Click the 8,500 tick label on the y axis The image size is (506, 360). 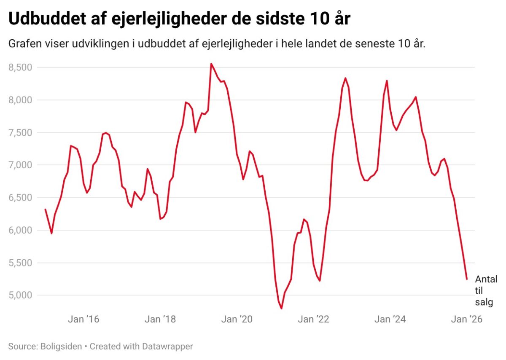[x=21, y=67]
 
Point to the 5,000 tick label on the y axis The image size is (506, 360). [x=21, y=295]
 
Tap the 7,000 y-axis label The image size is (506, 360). [x=21, y=165]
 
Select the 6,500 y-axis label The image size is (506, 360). [x=21, y=197]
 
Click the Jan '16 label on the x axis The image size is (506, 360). [x=83, y=319]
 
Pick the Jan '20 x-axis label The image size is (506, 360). [x=237, y=319]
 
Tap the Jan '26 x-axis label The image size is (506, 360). [x=466, y=319]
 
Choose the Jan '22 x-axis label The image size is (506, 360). [x=313, y=319]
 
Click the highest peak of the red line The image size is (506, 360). [x=211, y=64]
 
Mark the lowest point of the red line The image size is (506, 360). [x=281, y=309]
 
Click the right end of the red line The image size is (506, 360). [x=467, y=279]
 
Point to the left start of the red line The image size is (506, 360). [x=45, y=210]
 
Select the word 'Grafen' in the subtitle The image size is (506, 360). [x=23, y=44]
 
